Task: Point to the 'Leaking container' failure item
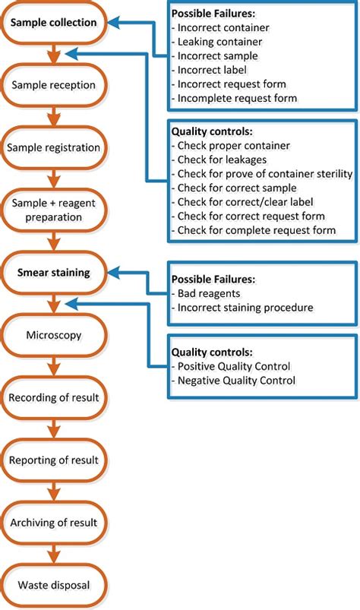click(219, 42)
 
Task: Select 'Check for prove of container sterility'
click(261, 173)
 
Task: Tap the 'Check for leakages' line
click(223, 160)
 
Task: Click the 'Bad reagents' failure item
click(209, 293)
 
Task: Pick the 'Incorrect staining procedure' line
click(244, 307)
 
